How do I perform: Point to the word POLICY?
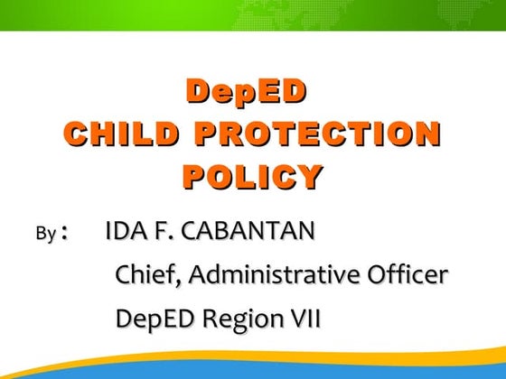tap(252, 176)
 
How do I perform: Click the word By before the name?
tap(45, 235)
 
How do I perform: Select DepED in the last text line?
tap(154, 319)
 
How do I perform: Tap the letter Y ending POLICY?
tap(310, 176)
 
